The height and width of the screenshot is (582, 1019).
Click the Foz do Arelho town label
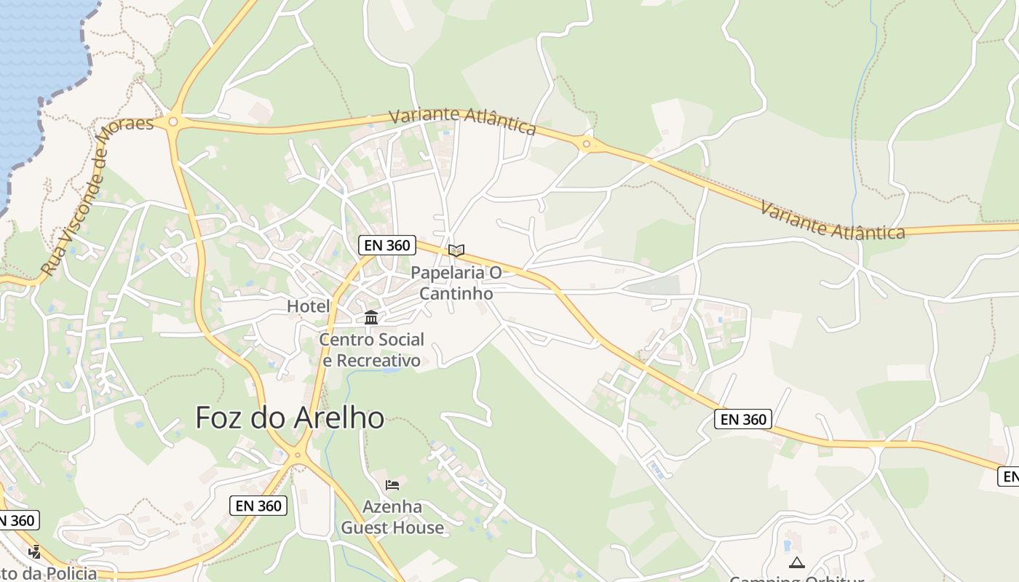click(290, 418)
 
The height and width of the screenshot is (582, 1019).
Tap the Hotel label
click(309, 306)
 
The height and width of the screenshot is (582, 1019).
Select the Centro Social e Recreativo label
click(371, 350)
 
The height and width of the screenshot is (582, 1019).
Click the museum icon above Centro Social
click(371, 317)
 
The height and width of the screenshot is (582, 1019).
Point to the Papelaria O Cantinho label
click(456, 283)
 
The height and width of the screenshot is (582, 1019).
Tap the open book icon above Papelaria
click(456, 251)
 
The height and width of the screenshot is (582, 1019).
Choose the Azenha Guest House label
click(392, 517)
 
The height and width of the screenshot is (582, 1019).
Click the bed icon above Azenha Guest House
click(392, 485)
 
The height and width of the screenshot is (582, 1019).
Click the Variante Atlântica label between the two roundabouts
click(462, 121)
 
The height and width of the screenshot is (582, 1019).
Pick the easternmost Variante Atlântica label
click(832, 220)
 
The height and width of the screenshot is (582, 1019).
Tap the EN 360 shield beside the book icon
click(387, 245)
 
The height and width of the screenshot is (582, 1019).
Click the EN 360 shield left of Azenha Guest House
click(258, 506)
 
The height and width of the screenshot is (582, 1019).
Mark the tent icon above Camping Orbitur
click(797, 562)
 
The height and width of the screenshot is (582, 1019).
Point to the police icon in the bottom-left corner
click(34, 552)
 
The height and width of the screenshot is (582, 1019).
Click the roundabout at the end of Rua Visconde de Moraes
click(173, 121)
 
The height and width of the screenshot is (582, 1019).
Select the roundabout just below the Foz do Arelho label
click(296, 456)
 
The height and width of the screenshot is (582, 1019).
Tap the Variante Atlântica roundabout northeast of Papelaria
click(586, 144)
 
